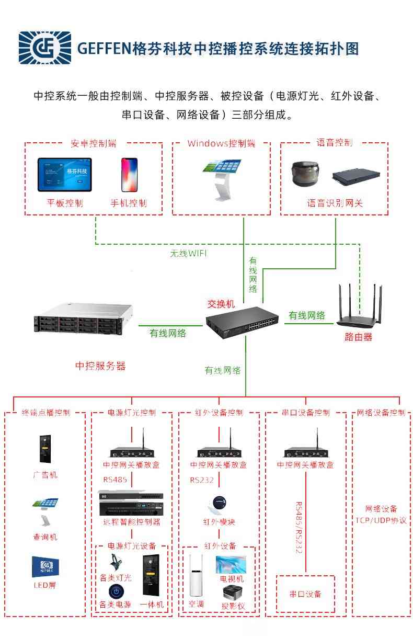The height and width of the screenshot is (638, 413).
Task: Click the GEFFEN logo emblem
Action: pyautogui.click(x=44, y=48)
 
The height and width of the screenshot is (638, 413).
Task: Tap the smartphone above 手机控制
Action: pyautogui.click(x=129, y=175)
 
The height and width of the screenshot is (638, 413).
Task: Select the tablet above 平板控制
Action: pyautogui.click(x=65, y=175)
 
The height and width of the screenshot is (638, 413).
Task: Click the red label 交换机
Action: pyautogui.click(x=221, y=304)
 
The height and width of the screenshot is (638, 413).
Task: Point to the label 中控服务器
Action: pyautogui.click(x=100, y=366)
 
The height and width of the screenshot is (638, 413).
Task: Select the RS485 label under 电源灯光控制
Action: pyautogui.click(x=114, y=480)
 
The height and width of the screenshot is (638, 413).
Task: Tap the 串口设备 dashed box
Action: pyautogui.click(x=305, y=594)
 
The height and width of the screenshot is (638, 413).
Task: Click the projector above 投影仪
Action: pyautogui.click(x=232, y=594)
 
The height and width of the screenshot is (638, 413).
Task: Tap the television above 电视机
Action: pyautogui.click(x=231, y=565)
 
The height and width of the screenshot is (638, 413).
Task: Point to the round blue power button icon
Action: pyautogui.click(x=116, y=591)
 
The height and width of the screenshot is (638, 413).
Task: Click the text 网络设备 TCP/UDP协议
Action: pyautogui.click(x=381, y=514)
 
